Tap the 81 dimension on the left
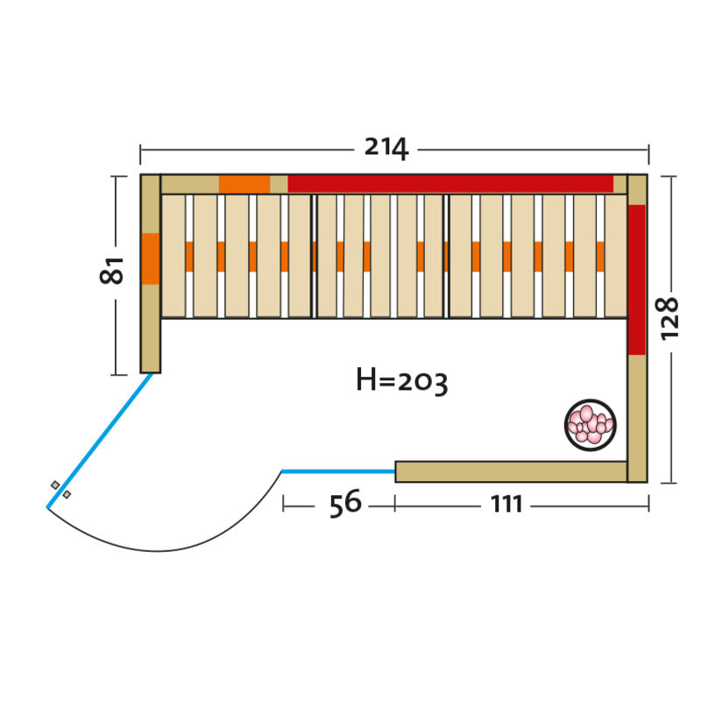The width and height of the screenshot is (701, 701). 111,271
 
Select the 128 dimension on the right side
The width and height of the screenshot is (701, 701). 669,318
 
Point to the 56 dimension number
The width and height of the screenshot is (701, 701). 345,503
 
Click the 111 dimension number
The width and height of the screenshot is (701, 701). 506,505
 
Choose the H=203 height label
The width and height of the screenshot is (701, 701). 401,381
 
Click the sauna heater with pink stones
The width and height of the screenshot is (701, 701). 590,425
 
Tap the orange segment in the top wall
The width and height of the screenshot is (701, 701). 244,184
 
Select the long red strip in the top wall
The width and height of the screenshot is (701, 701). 450,184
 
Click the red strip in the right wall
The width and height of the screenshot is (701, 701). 637,280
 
